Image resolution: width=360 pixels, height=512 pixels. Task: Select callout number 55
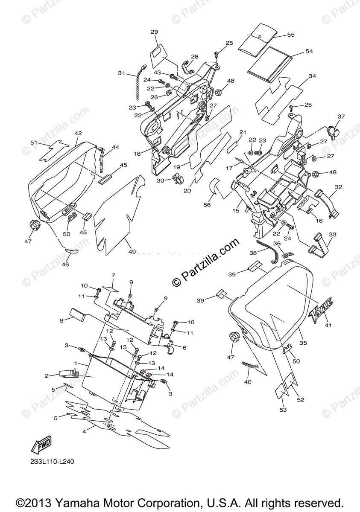[x=291, y=35]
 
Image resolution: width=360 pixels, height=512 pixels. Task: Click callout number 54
[x=309, y=51]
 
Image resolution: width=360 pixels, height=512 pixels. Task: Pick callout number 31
[x=122, y=73]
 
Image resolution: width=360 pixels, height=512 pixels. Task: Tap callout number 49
[x=132, y=252]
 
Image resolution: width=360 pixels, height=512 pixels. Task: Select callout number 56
[x=207, y=205]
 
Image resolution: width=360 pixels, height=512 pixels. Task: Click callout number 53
[x=283, y=410]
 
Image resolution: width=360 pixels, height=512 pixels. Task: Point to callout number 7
[x=114, y=275]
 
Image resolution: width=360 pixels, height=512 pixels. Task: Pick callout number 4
[x=84, y=432]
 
